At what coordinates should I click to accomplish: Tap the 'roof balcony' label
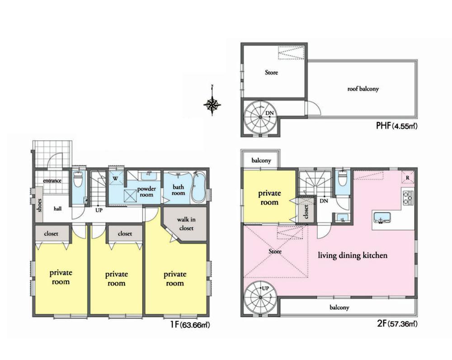(363, 89)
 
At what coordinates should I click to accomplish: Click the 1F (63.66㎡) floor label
(189, 325)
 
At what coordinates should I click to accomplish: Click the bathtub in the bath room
(197, 187)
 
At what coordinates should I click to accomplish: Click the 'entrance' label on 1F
(52, 181)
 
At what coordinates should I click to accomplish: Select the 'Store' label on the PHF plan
(271, 72)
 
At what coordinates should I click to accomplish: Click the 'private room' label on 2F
(269, 198)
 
